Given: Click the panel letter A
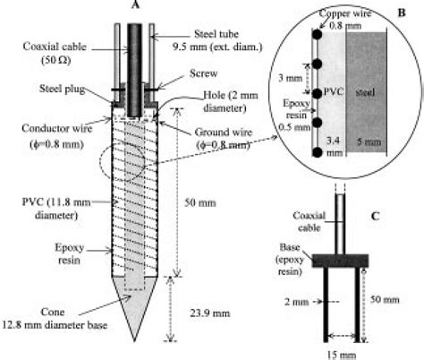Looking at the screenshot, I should coord(138,7).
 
